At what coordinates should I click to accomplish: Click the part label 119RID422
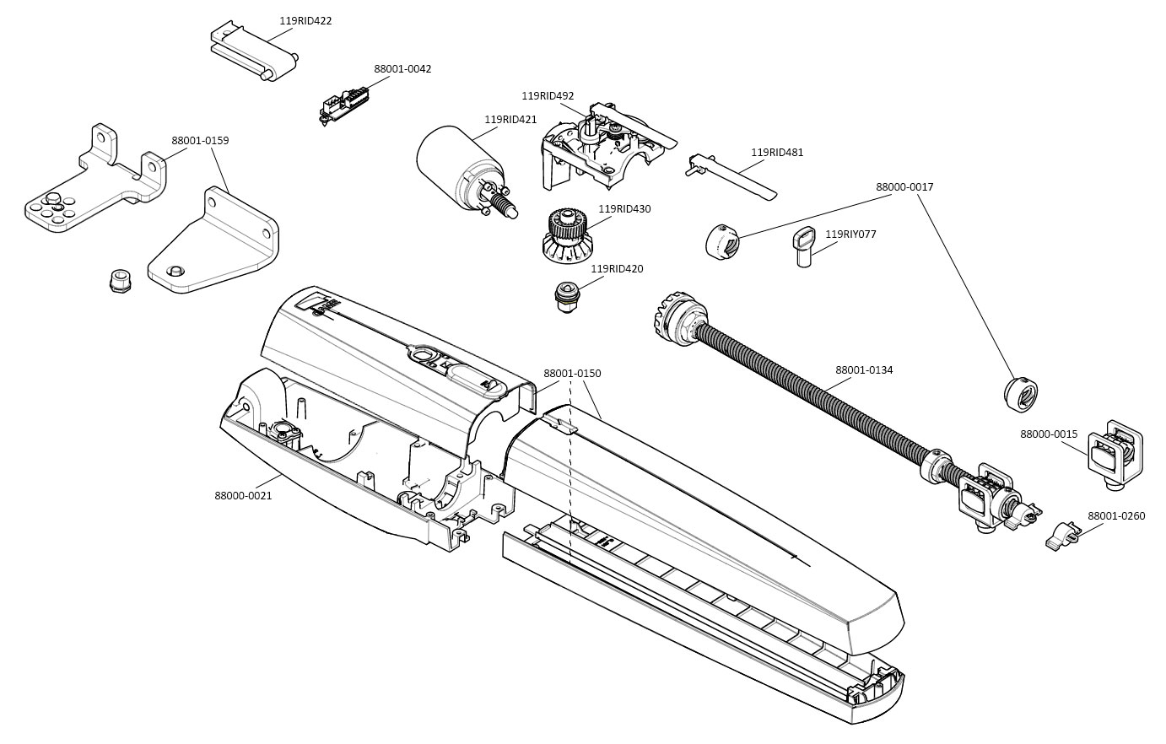[305, 21]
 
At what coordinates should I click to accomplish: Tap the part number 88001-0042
[402, 69]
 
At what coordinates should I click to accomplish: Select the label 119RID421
[510, 120]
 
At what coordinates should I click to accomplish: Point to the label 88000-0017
[904, 187]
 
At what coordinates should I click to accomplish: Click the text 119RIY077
[850, 235]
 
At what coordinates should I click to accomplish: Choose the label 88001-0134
[864, 370]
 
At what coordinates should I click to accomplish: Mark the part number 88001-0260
[1116, 516]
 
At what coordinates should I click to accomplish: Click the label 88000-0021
[243, 496]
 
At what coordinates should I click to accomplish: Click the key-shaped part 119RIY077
[806, 245]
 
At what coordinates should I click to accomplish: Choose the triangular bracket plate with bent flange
[215, 249]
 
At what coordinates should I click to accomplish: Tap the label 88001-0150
[572, 373]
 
